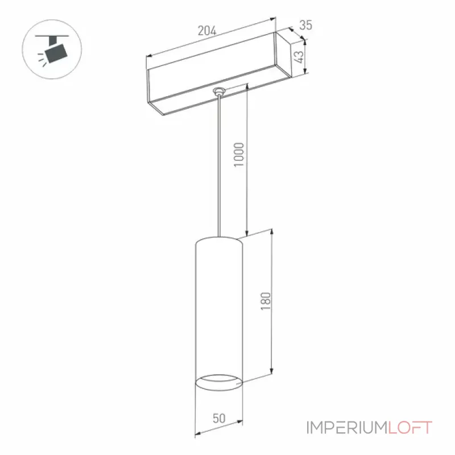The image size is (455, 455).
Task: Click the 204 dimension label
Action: point(207,31)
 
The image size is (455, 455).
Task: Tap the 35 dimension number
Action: point(305,25)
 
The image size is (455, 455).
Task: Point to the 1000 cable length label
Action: point(239,155)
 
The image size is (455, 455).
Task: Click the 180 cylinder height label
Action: point(266,301)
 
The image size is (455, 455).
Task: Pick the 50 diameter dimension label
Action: point(219,418)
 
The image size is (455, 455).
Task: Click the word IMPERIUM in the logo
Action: point(347,428)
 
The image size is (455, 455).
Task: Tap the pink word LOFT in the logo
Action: point(410,428)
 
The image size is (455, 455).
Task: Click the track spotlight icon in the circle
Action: point(52,49)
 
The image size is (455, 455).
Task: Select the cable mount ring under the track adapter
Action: point(219,92)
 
